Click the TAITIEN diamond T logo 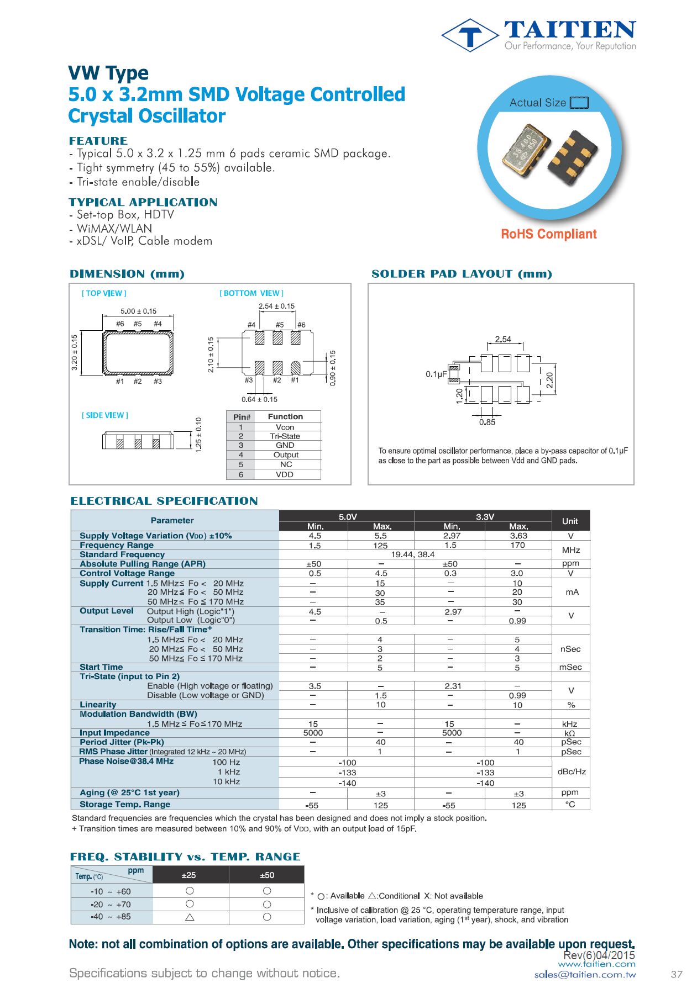coord(470,35)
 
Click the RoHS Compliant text coord(548,234)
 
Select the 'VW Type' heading coord(108,73)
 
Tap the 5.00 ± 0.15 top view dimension coord(138,311)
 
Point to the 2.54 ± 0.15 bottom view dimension coord(276,306)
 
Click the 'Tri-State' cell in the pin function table coord(285,436)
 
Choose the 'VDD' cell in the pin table coord(285,474)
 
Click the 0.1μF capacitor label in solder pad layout coord(436,374)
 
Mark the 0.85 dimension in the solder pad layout coord(487,422)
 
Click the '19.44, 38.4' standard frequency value coord(412,554)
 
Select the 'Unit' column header coord(570,521)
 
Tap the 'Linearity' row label coord(98,705)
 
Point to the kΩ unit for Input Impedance coord(570,733)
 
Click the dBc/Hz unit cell coord(572,771)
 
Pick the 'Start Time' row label coord(101,667)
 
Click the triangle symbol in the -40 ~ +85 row coord(190,917)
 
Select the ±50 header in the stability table coord(267,875)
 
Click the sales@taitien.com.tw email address coord(585,975)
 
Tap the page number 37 coord(677,975)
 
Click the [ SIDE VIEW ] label coord(105,415)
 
